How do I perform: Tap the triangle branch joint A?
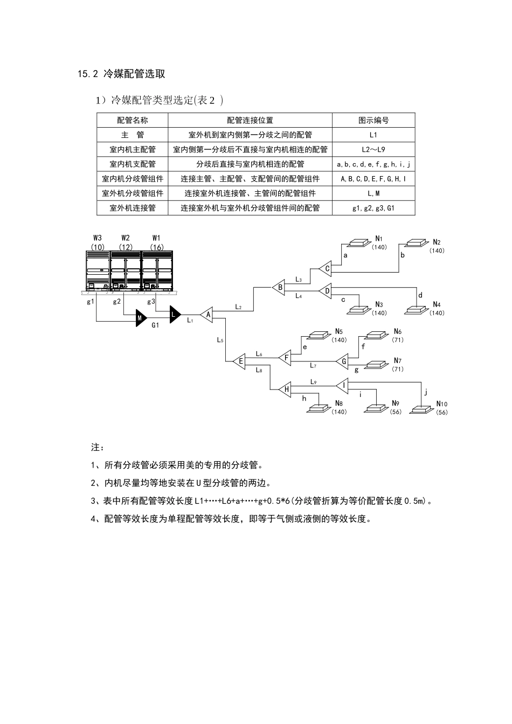[x=207, y=315]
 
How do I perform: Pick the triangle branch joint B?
[x=279, y=287]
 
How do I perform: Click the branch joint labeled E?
[x=240, y=361]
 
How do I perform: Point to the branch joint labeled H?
[x=286, y=389]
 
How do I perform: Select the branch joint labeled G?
[x=343, y=361]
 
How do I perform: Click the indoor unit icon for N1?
[x=359, y=243]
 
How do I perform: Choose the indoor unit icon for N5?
[x=317, y=335]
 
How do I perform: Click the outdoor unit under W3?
[x=98, y=271]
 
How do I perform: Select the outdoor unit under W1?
[x=157, y=271]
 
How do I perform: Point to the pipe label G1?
[x=155, y=325]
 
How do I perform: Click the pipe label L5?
[x=220, y=340]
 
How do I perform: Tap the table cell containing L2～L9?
[x=373, y=149]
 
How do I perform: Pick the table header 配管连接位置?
[x=250, y=120]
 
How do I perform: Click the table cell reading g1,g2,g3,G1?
[x=373, y=208]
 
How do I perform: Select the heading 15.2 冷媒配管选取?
[x=121, y=74]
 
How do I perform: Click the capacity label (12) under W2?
[x=126, y=247]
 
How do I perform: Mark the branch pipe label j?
[x=425, y=392]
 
